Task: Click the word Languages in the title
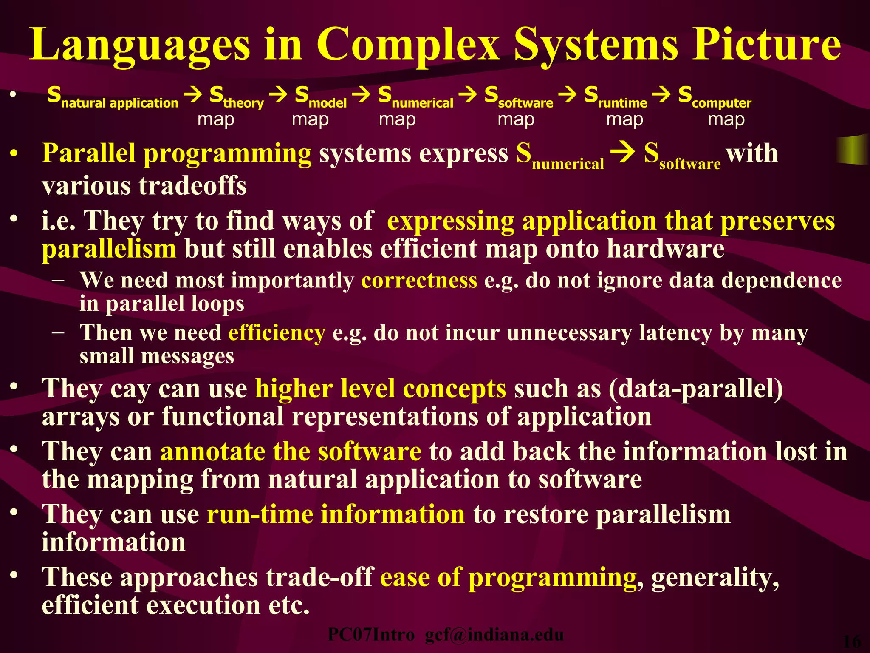[140, 45]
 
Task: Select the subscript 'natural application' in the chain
[120, 103]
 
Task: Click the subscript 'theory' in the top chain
[243, 103]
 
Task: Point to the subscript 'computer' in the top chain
[721, 103]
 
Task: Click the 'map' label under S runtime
[624, 119]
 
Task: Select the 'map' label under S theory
[216, 119]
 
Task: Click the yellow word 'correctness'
[419, 281]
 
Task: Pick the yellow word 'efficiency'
[277, 333]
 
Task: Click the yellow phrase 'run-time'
[260, 514]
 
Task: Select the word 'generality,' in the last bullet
[715, 577]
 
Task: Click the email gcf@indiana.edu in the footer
[494, 635]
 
